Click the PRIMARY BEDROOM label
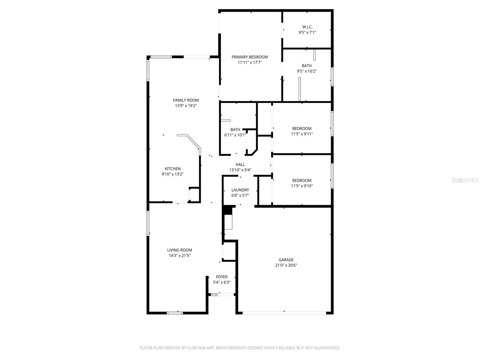click(x=250, y=57)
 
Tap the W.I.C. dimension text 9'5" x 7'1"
click(x=307, y=33)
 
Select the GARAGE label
click(x=286, y=260)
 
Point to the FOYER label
click(x=222, y=277)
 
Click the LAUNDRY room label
click(x=240, y=190)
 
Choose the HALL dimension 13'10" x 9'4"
click(x=240, y=170)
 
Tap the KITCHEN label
click(x=172, y=169)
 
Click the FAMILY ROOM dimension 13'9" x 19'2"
click(x=186, y=106)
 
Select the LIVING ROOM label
click(x=179, y=250)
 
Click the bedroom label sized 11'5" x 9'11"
click(x=302, y=129)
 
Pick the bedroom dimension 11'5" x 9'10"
click(x=302, y=186)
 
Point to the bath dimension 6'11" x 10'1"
click(x=235, y=135)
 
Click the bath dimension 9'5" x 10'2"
click(x=307, y=71)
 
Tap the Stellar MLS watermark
click(x=465, y=180)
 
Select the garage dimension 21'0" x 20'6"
click(x=286, y=265)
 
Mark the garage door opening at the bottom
click(x=284, y=313)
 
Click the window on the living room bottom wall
click(x=175, y=313)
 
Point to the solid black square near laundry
click(x=228, y=210)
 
